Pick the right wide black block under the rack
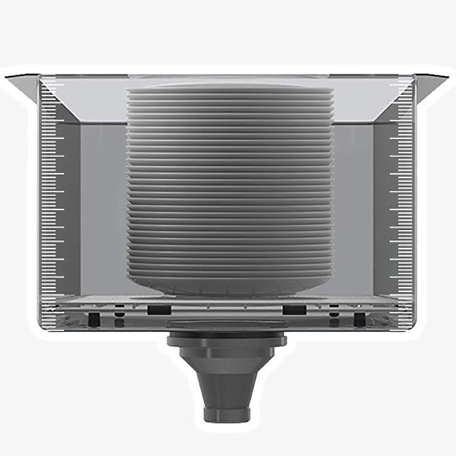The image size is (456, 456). tap(294, 310)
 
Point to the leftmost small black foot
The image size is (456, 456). tap(92, 317)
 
